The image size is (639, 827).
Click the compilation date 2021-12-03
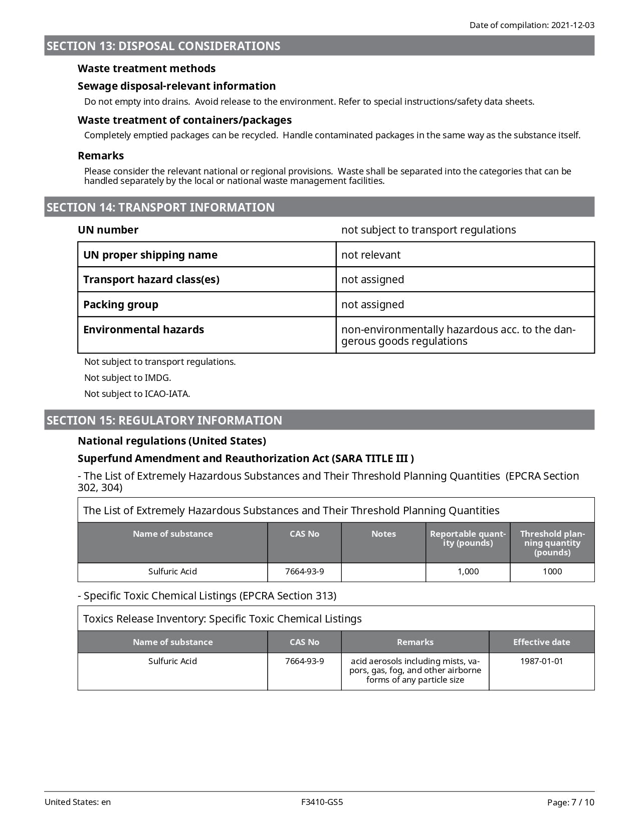point(572,25)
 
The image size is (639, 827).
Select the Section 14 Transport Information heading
point(160,208)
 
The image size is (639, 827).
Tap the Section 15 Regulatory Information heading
point(164,421)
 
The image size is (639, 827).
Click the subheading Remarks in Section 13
point(101,156)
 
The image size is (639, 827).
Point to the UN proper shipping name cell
point(150,255)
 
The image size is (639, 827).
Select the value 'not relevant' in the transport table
point(371,255)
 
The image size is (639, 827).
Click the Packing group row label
point(121,305)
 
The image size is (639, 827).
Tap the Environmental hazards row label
point(144,330)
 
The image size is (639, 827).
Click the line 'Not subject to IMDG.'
point(128,378)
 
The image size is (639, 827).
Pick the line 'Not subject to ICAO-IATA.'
point(137,394)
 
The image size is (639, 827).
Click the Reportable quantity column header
point(468,539)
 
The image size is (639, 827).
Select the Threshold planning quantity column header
point(552,543)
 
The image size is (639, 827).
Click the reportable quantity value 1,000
point(468,572)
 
